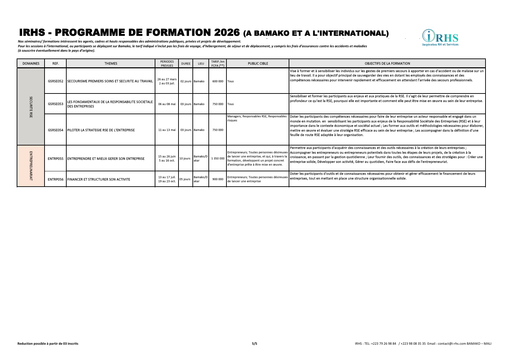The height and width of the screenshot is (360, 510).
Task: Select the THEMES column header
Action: point(111,64)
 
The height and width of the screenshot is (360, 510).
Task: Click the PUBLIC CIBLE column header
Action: point(258,64)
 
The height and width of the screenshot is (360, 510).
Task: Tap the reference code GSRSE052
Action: point(56,82)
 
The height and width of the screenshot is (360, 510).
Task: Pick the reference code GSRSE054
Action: point(56,130)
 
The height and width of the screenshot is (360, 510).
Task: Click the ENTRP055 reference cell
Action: point(56,159)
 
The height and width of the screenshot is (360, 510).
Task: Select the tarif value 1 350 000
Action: point(218,159)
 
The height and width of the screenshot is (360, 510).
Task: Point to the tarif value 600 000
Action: point(218,82)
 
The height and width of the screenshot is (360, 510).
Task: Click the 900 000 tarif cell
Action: point(218,179)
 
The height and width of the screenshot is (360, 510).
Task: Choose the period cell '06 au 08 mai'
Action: point(167,104)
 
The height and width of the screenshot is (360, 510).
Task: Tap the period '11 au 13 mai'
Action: point(167,130)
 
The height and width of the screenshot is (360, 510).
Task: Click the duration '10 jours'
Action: point(185,159)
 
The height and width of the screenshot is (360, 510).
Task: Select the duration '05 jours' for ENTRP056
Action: point(185,179)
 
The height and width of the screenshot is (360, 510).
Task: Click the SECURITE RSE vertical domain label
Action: point(31,107)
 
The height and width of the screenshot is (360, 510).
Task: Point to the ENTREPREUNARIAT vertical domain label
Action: point(31,166)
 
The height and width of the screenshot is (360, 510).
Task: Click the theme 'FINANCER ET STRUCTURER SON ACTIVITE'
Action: point(99,179)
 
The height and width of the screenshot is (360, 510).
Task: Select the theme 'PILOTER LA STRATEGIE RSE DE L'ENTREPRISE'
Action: point(101,130)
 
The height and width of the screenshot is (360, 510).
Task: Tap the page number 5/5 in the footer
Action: point(255,344)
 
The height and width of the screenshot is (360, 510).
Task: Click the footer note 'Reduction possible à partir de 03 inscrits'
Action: point(48,344)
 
